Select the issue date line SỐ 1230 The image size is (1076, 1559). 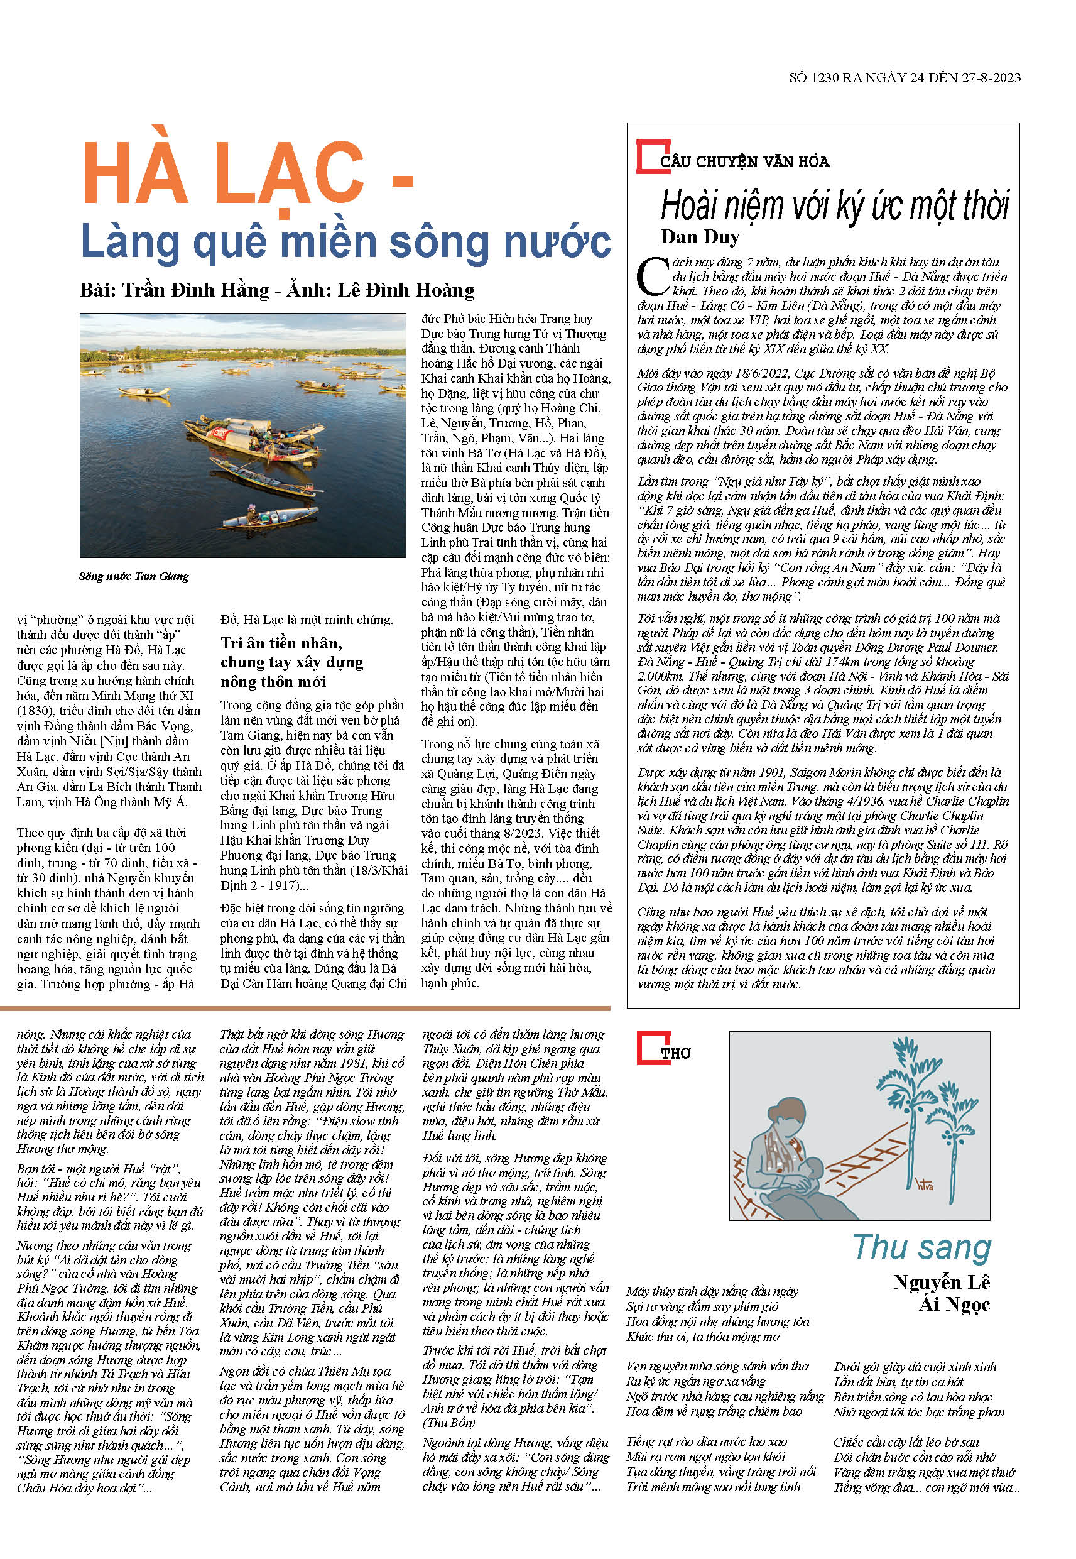click(904, 77)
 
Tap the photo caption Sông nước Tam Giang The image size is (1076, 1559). click(134, 576)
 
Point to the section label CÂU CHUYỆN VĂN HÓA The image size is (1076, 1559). click(744, 162)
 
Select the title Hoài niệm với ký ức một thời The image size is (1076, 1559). click(835, 205)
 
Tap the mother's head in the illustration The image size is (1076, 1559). click(788, 1110)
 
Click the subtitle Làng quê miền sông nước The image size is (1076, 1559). click(345, 241)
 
